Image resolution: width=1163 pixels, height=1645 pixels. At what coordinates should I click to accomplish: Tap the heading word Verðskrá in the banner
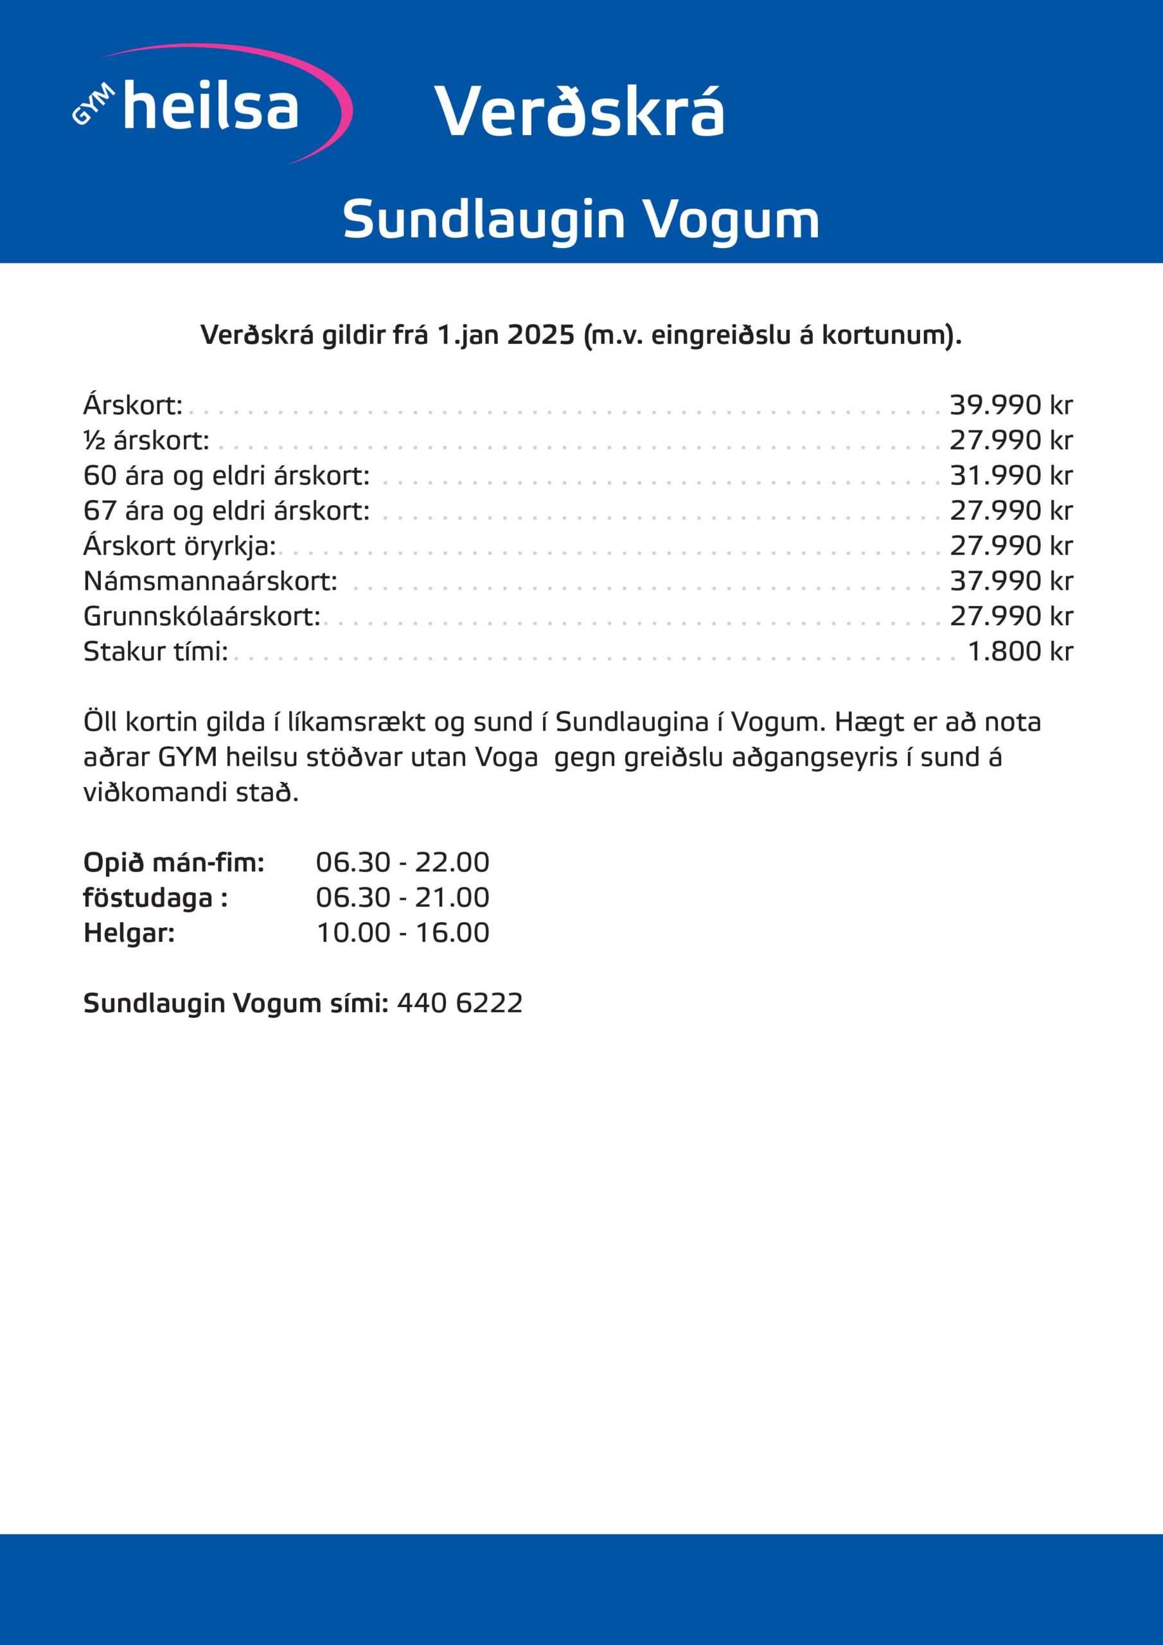[579, 112]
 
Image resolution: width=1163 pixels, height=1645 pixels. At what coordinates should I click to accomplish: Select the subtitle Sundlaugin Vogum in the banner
[580, 219]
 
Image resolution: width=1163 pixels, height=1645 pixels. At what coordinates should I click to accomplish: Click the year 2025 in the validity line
[540, 335]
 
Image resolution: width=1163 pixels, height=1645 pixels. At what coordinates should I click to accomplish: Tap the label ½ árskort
[146, 441]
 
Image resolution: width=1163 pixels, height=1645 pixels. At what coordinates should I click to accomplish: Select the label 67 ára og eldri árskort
[226, 511]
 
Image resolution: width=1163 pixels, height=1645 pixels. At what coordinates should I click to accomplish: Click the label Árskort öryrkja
[179, 546]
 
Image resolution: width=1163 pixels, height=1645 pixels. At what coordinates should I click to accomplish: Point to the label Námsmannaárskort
[210, 581]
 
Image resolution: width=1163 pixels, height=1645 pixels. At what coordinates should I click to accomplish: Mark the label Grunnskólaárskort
[201, 616]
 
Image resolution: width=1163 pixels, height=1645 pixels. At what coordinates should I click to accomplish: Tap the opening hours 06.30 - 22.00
[402, 862]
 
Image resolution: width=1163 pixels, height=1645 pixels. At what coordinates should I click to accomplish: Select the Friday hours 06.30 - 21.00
[402, 898]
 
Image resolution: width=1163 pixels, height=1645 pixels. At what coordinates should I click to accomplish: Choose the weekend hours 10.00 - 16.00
[402, 933]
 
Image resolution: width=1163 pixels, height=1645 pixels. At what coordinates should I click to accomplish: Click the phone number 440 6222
[459, 1003]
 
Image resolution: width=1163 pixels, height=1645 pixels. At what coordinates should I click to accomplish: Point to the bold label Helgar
[129, 933]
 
